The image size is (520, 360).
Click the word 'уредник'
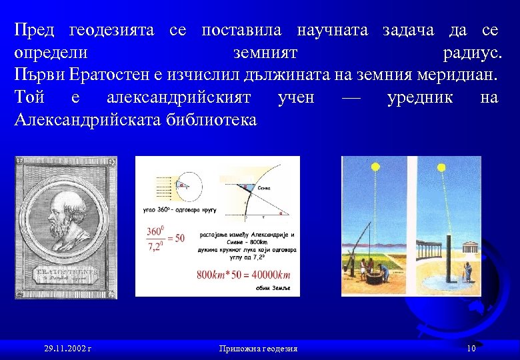click(419, 97)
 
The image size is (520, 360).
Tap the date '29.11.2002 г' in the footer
click(67, 349)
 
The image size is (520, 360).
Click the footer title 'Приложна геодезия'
click(258, 349)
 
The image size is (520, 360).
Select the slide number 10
click(471, 349)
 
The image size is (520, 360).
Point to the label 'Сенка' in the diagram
click(264, 189)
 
